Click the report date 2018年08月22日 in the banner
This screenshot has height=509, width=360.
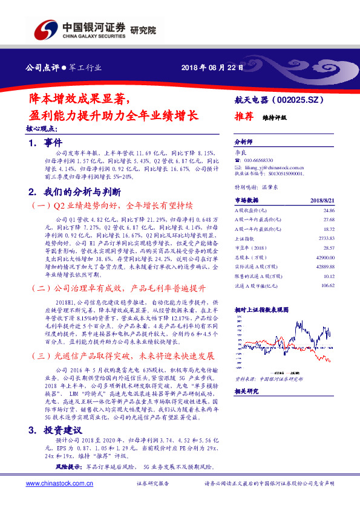pyautogui.click(x=211, y=67)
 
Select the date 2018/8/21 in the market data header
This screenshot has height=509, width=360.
pyautogui.click(x=322, y=199)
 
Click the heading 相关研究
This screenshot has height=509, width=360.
pyautogui.click(x=247, y=392)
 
